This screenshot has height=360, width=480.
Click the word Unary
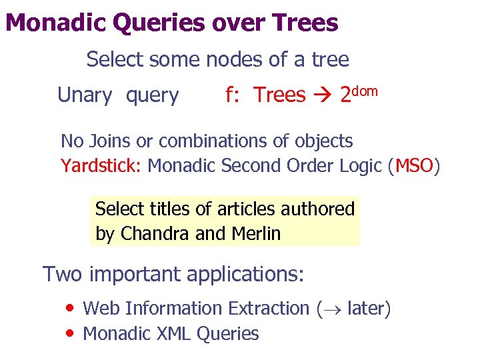tap(85, 95)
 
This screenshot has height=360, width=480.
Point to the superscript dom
tap(365, 89)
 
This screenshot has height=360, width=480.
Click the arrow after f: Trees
tap(322, 96)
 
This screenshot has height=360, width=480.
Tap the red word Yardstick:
tap(101, 165)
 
